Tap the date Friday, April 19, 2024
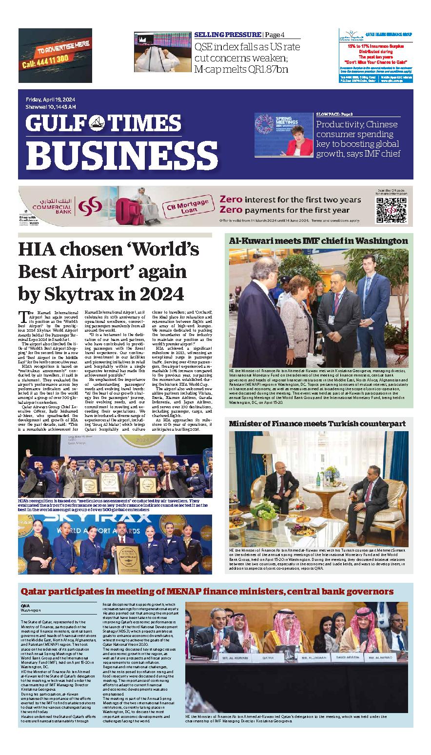47,100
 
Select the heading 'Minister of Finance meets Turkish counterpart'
317,424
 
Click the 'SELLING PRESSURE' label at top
227,35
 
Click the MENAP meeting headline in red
207,592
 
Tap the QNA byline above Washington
25,605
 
